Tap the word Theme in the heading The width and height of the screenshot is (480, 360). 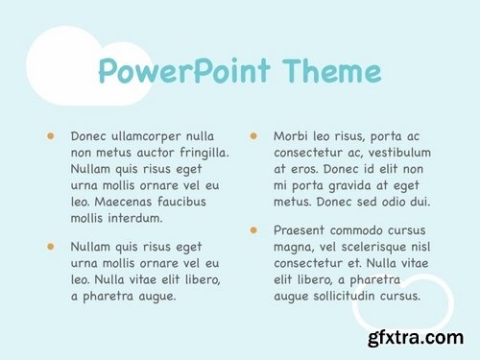pyautogui.click(x=330, y=71)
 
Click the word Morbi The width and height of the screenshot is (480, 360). pyautogui.click(x=292, y=136)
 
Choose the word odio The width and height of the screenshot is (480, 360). pyautogui.click(x=392, y=202)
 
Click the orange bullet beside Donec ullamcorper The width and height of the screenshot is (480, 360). pyautogui.click(x=50, y=136)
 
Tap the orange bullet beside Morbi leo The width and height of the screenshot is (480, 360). pyautogui.click(x=253, y=136)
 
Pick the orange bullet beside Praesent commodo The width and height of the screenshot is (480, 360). pyautogui.click(x=253, y=230)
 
